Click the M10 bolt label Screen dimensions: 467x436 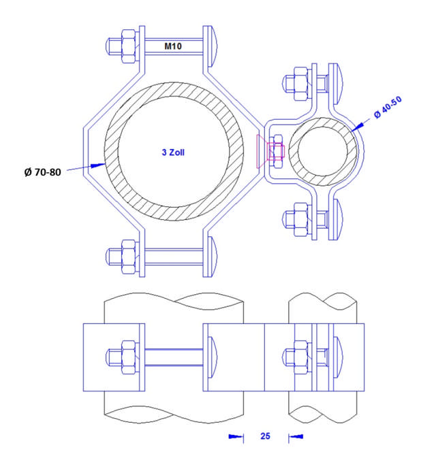(x=172, y=46)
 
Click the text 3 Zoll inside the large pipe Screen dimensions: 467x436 (x=173, y=153)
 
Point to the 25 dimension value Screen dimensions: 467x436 (x=265, y=436)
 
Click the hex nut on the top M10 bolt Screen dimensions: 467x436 (x=127, y=46)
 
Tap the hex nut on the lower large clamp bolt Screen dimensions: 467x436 (x=127, y=256)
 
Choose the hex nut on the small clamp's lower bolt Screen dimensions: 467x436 (x=298, y=219)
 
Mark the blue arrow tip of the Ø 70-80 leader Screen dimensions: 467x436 (x=100, y=165)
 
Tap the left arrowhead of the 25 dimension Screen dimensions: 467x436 (x=235, y=436)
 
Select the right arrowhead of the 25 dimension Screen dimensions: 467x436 (x=296, y=436)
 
